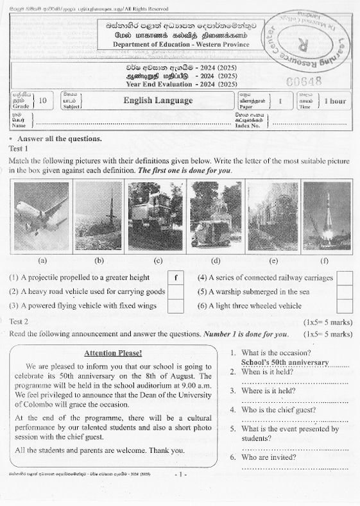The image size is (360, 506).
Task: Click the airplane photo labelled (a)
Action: pos(40,217)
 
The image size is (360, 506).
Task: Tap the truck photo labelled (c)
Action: pos(156,217)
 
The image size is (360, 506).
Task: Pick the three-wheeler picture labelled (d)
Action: pos(216,217)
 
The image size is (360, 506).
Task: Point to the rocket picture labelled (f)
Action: pos(327,217)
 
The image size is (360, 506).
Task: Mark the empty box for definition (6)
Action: pos(345,306)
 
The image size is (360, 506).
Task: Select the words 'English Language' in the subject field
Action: pos(158,101)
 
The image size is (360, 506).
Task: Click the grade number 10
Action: pos(42,101)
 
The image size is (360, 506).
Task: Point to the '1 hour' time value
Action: pos(334,101)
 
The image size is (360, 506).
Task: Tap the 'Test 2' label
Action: pos(19,321)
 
